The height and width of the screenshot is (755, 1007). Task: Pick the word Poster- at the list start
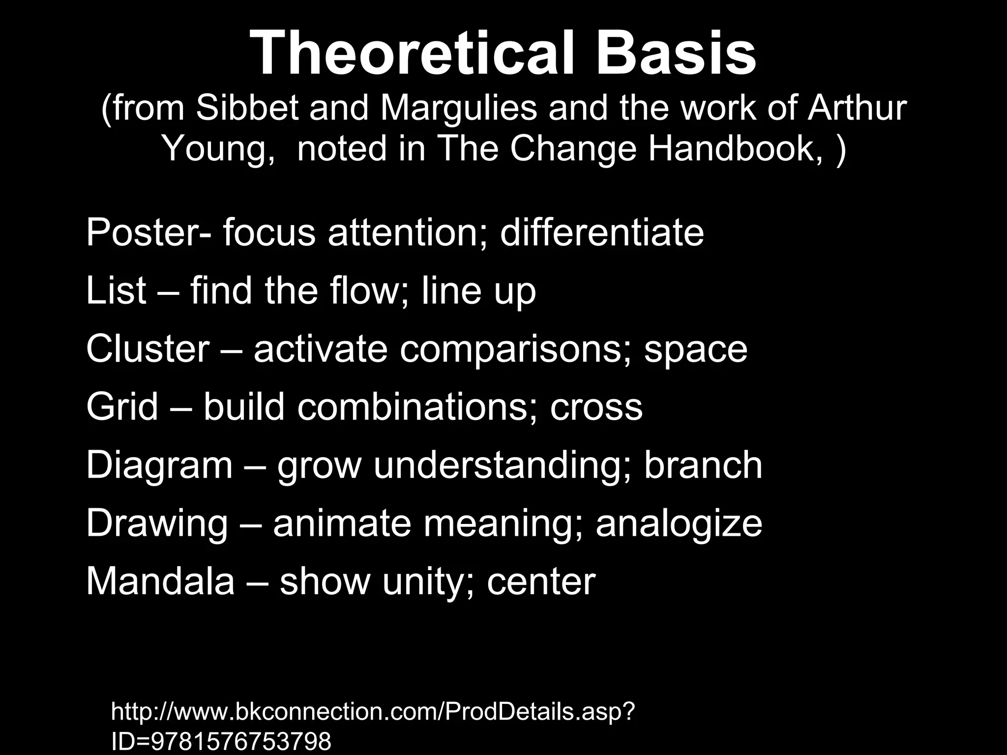tap(148, 233)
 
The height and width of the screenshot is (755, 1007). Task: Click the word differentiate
tap(602, 233)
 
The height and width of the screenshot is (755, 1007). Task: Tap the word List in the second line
tap(116, 290)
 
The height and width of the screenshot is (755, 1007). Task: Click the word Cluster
tap(148, 349)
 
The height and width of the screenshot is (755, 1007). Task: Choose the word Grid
tap(122, 407)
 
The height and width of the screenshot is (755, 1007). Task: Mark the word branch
tap(703, 465)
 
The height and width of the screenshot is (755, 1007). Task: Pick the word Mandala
tap(160, 581)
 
